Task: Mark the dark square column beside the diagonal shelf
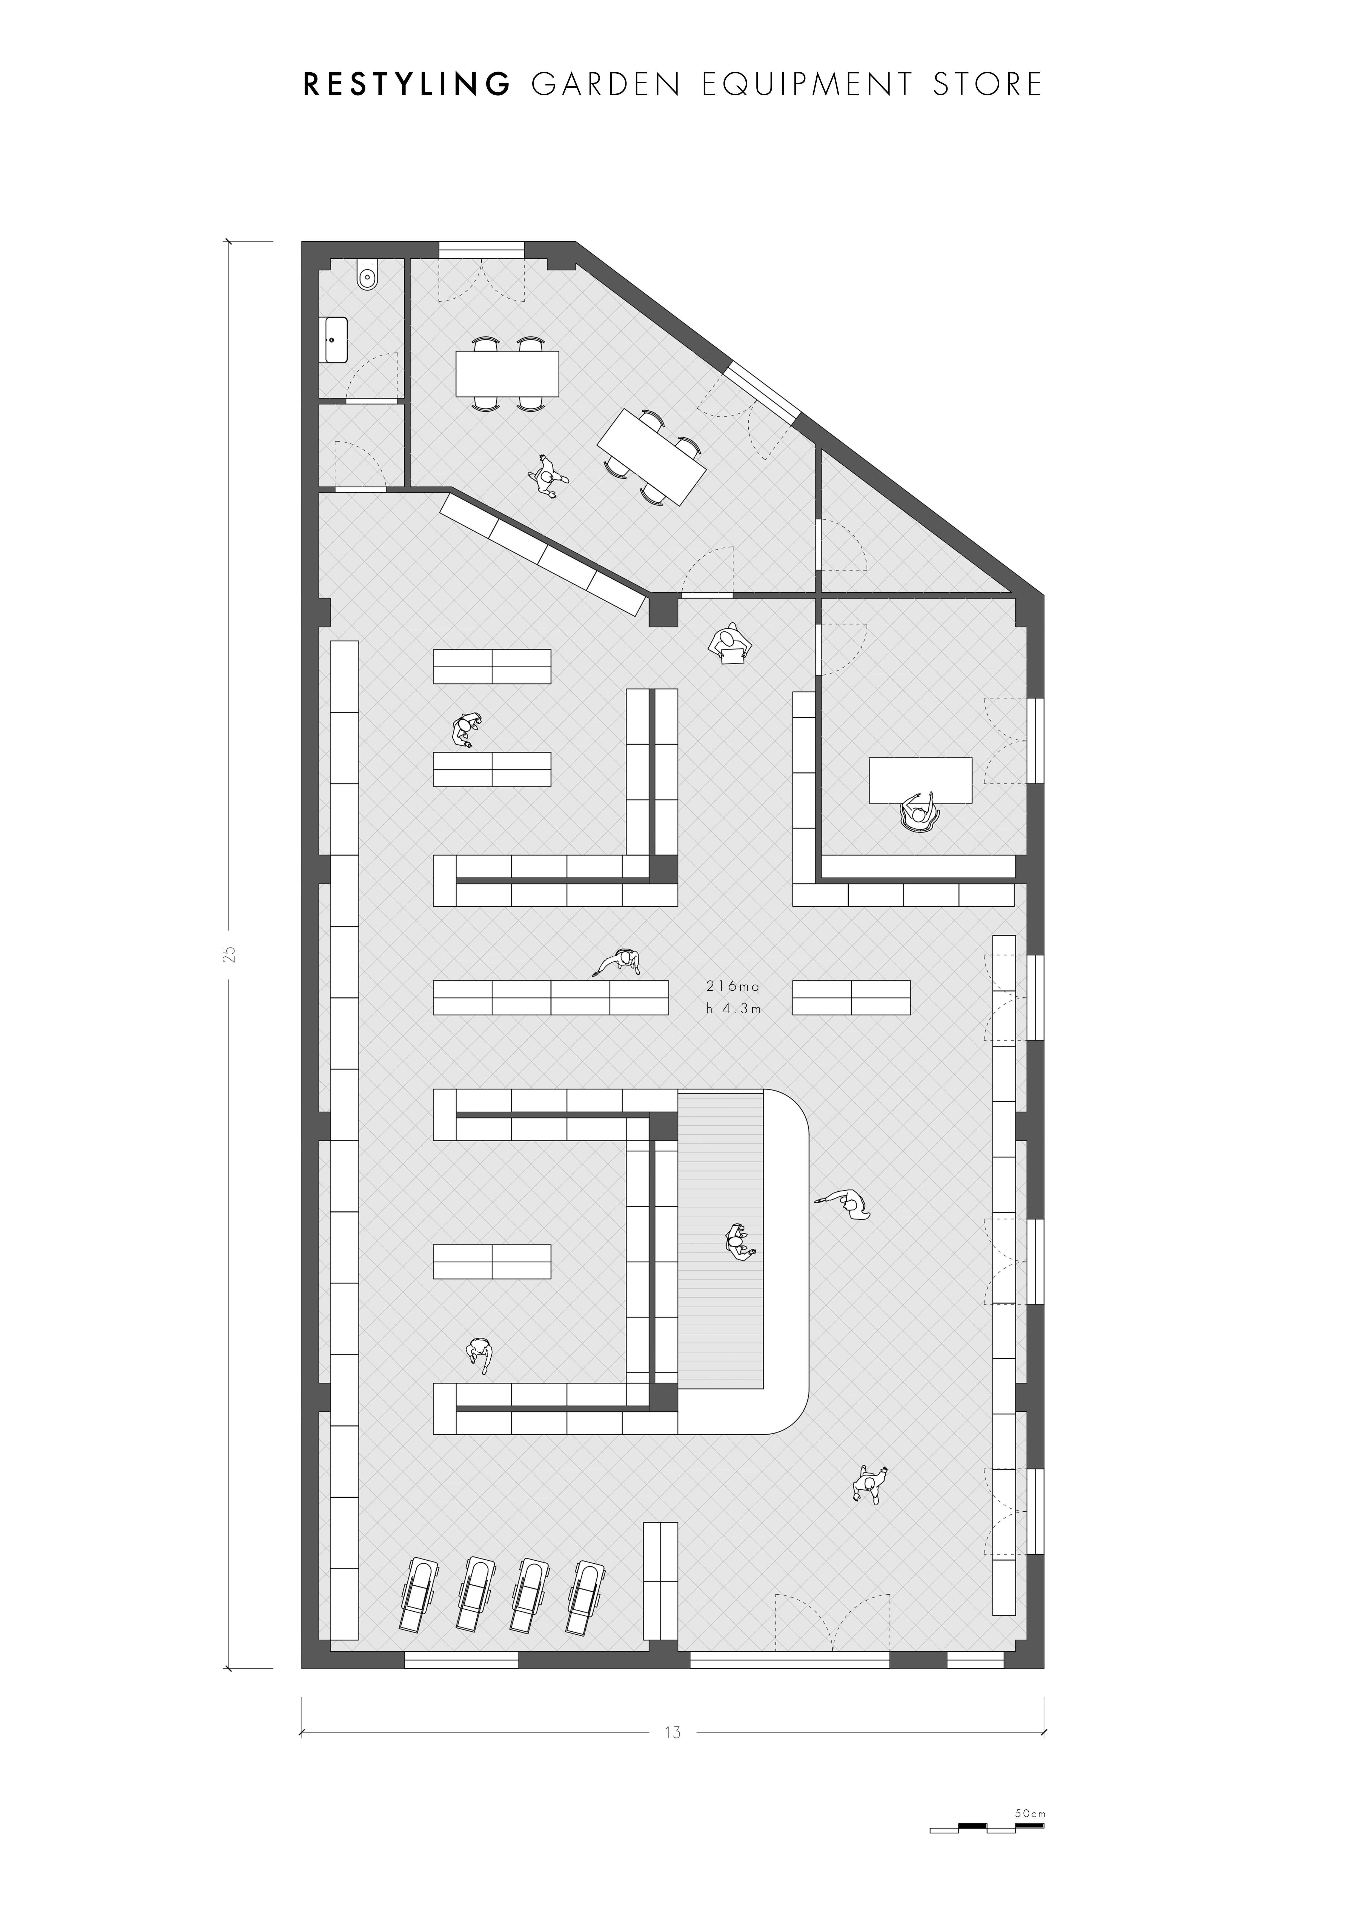pos(663,611)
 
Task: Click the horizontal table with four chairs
pos(507,373)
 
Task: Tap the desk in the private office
pos(920,780)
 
